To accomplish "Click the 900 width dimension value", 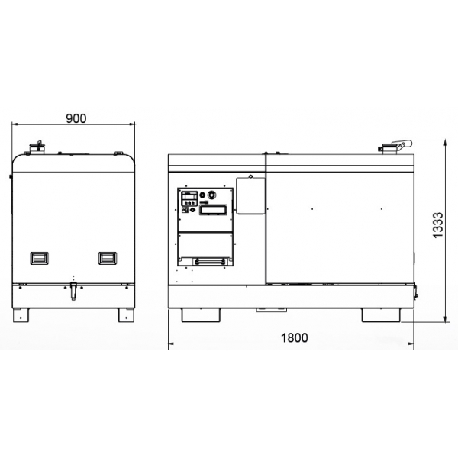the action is (76, 118).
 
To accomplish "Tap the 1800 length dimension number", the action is (294, 337).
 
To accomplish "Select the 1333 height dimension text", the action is (438, 225).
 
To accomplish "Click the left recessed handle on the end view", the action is (40, 258).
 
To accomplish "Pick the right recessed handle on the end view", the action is (108, 258).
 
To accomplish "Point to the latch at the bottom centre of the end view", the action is (73, 291).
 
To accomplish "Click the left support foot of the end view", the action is (21, 315).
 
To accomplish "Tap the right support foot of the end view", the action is (126, 315).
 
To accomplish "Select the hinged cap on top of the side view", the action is (395, 146).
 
